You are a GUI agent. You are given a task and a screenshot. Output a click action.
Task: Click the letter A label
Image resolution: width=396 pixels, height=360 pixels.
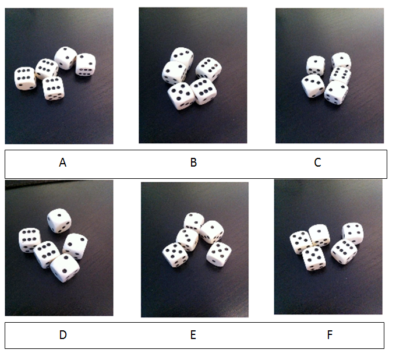coord(63,163)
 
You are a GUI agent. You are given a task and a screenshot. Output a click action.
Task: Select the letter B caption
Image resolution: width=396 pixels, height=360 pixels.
coord(193,163)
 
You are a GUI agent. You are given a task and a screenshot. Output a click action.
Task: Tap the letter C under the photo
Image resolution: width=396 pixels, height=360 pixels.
coord(317,163)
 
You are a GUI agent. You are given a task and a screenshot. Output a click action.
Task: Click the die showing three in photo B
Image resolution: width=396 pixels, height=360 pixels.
coord(182,57)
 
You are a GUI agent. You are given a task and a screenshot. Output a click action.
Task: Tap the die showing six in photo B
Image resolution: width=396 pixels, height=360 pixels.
coord(203,90)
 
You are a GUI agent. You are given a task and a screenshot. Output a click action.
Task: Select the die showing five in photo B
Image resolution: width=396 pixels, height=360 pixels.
coord(181,95)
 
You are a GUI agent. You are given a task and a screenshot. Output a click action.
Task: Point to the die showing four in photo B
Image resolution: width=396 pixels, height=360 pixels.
coord(208,68)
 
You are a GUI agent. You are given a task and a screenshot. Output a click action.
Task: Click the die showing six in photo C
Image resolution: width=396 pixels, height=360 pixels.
coord(340,75)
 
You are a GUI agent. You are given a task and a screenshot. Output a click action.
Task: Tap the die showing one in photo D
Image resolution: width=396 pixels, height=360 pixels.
coord(59,220)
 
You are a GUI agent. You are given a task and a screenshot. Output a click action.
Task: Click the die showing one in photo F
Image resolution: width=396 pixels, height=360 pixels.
coord(319,235)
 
